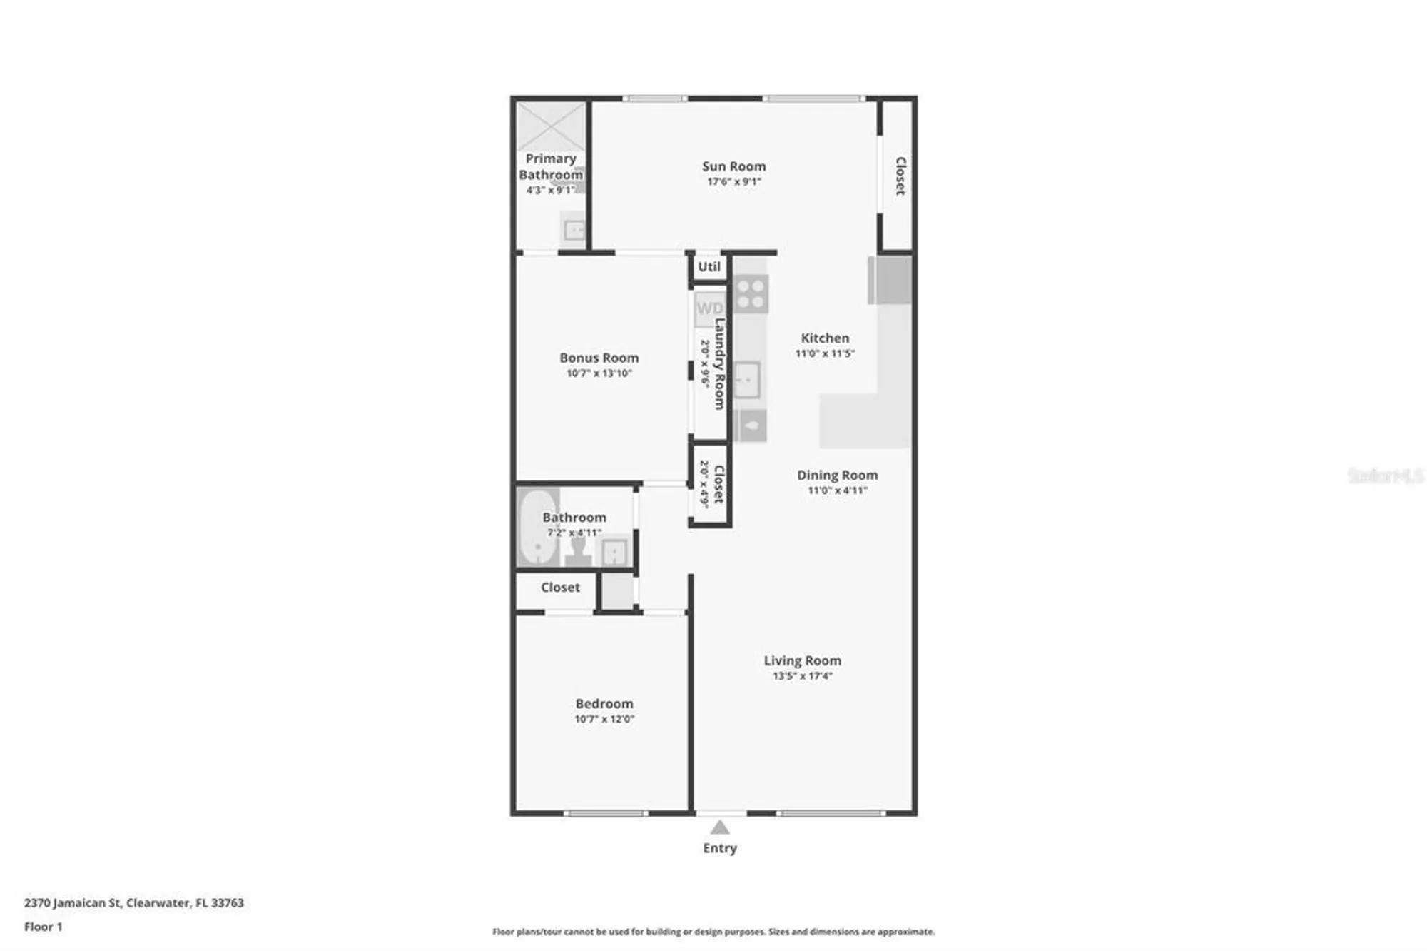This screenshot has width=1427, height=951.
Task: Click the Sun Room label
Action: tap(733, 166)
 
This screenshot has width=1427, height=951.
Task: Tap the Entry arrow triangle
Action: tap(720, 828)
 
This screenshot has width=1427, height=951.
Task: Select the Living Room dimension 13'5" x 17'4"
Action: tap(802, 676)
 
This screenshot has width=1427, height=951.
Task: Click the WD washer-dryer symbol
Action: tap(709, 308)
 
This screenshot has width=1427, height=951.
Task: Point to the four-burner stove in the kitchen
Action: tap(751, 293)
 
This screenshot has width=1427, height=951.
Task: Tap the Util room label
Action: tap(709, 267)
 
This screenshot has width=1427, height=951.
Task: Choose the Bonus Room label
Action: tap(599, 358)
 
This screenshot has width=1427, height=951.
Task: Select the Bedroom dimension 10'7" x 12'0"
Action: tap(604, 719)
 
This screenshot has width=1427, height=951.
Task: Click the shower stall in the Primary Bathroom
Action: tap(551, 126)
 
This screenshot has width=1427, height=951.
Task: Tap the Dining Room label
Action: tap(837, 475)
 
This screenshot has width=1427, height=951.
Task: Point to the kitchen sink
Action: tap(746, 380)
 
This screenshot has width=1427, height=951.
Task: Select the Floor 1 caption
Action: tap(44, 927)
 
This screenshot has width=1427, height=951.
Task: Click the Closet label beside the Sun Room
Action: tap(900, 176)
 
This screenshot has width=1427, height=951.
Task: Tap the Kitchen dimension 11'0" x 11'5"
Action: tap(825, 353)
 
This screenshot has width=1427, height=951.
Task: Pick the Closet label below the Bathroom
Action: tap(560, 588)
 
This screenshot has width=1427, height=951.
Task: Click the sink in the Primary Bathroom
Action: tap(574, 230)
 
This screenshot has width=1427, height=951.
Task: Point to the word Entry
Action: tap(720, 848)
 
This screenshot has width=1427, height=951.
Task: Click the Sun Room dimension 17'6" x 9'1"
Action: tap(733, 182)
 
